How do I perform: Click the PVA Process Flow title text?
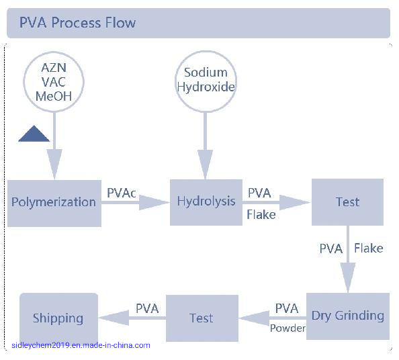point(77,23)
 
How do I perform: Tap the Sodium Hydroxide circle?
point(206,81)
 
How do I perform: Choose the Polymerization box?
point(54,202)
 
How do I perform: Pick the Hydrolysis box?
point(206,202)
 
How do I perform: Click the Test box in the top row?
point(347,202)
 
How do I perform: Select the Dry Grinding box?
point(347,316)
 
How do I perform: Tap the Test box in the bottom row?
point(202,318)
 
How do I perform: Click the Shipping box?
point(58,318)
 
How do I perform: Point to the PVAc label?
point(122,193)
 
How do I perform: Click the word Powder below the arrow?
point(287,328)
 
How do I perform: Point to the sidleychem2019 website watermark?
point(81,345)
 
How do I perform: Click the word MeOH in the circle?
point(54,97)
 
